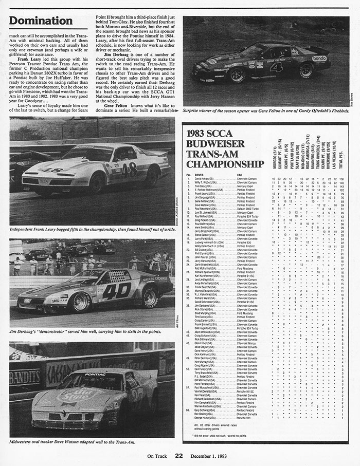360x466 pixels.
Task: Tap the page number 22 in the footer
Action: (178, 455)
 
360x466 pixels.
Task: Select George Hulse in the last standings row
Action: (206, 418)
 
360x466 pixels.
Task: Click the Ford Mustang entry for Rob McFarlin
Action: (247, 268)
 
